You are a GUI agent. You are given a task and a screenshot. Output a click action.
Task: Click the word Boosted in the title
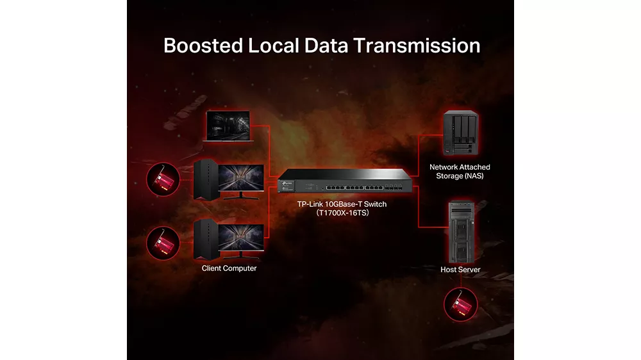pos(203,45)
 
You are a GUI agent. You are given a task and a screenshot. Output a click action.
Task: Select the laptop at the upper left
pos(228,126)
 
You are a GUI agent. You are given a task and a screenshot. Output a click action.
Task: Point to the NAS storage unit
pos(460,133)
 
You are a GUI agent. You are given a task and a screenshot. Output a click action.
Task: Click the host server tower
pos(461,232)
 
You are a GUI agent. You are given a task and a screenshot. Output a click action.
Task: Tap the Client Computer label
pos(229,268)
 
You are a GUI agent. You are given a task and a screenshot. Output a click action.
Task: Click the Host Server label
pos(460,269)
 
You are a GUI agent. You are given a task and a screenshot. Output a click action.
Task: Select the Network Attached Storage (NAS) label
pos(460,172)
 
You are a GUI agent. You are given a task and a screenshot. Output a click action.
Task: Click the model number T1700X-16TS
pos(342,213)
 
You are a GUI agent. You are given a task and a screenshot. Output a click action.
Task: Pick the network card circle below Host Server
pos(461,304)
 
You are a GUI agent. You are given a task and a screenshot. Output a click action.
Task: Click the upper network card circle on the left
pos(163,179)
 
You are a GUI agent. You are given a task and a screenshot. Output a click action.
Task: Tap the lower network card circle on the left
pos(163,243)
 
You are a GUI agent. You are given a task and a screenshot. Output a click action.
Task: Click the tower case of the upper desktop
pos(206,180)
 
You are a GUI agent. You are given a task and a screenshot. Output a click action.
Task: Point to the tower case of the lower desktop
pos(206,240)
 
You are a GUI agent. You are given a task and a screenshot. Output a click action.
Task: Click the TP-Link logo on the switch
pos(287,183)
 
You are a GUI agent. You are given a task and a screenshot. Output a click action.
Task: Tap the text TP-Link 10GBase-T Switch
pos(342,204)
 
